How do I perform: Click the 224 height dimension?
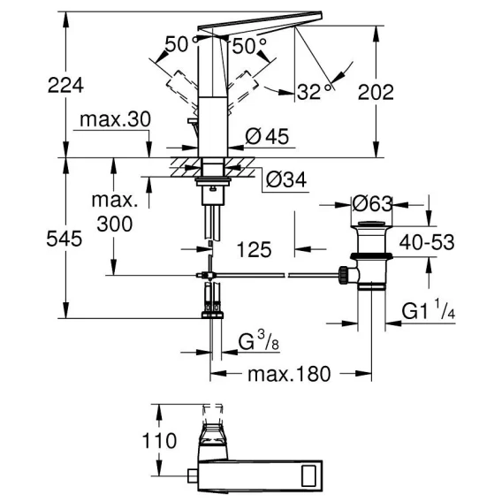65,86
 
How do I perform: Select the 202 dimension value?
376,92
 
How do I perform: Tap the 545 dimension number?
65,239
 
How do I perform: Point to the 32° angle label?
314,92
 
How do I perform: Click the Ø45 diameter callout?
267,136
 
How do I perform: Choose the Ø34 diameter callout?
286,180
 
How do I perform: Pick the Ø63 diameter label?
372,204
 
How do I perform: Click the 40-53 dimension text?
427,242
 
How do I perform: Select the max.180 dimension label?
289,374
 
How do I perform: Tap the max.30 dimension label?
115,119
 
